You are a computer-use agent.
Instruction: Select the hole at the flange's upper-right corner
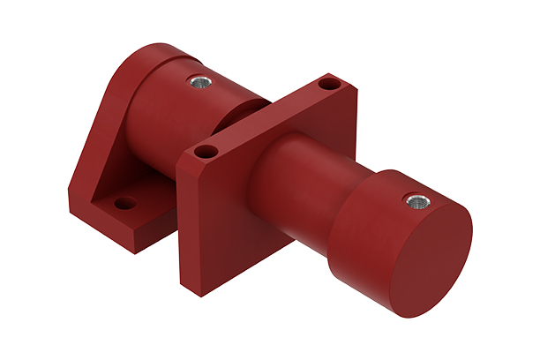pyautogui.click(x=328, y=86)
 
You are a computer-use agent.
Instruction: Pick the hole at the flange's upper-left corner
pyautogui.click(x=205, y=152)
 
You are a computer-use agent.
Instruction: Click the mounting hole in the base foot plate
pyautogui.click(x=125, y=203)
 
